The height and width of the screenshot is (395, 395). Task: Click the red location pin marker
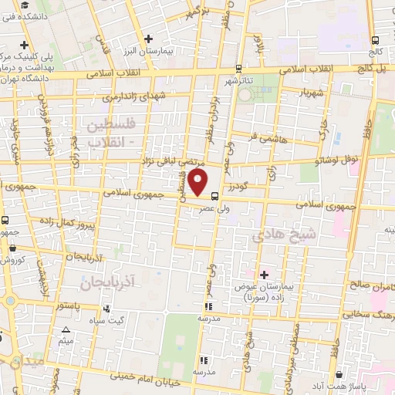(x=199, y=184)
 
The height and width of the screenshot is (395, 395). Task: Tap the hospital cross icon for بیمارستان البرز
(x=149, y=38)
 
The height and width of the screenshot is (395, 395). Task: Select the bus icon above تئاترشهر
(x=238, y=69)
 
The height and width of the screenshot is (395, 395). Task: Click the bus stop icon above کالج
(x=375, y=40)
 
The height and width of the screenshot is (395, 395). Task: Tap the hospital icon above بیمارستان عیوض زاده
(x=264, y=275)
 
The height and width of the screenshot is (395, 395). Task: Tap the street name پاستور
(x=69, y=306)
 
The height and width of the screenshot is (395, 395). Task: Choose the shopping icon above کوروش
(x=13, y=248)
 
